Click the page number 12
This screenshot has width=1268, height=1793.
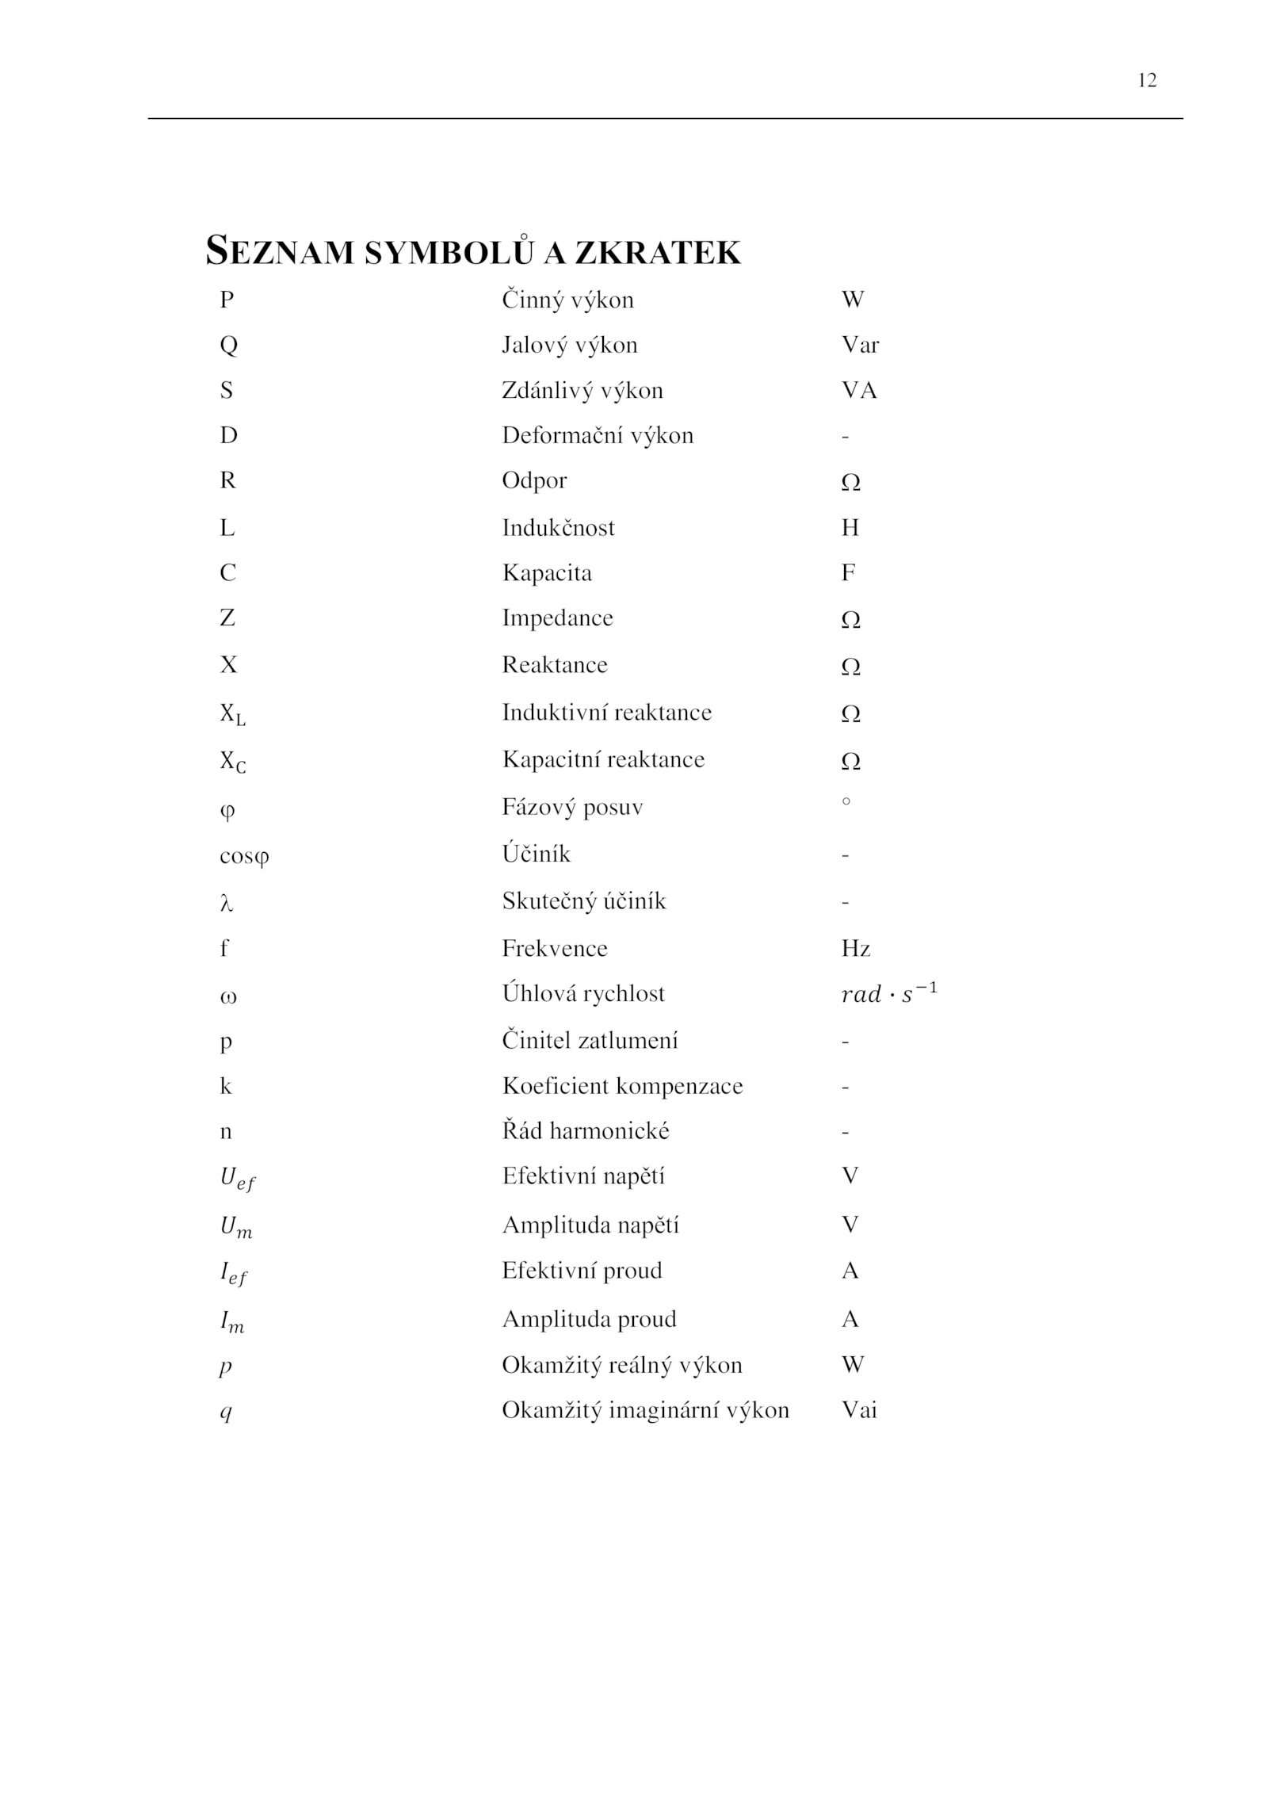tap(1146, 80)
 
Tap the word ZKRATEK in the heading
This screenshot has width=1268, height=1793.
tap(657, 253)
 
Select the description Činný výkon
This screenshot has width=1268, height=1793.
tap(567, 300)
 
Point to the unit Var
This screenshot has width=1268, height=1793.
tap(860, 345)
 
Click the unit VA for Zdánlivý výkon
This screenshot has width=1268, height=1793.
tap(859, 390)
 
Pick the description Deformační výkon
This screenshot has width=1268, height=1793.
tap(598, 435)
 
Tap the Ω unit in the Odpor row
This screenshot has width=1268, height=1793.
tap(850, 482)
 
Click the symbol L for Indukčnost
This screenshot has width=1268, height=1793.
tap(227, 528)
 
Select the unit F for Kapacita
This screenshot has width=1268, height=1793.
tap(848, 572)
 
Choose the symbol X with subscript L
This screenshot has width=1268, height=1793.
tap(232, 714)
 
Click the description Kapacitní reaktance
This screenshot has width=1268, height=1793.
tap(603, 759)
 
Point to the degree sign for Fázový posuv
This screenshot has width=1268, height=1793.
tap(846, 801)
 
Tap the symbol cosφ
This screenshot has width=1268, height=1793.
tap(244, 856)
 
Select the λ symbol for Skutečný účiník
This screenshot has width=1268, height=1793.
tap(227, 903)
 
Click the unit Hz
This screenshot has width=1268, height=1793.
tap(856, 948)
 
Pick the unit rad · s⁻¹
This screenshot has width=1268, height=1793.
tap(888, 993)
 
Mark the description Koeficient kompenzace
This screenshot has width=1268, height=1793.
tap(622, 1086)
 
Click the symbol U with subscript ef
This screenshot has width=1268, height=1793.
tap(237, 1179)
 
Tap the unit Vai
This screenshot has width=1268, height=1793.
tap(859, 1410)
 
